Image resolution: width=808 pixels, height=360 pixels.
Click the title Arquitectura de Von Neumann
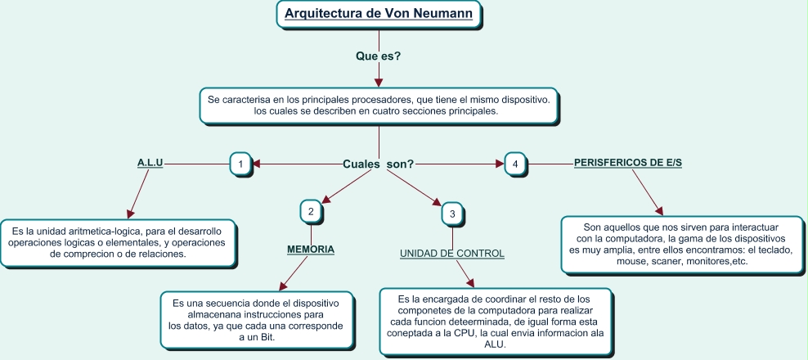pos(379,13)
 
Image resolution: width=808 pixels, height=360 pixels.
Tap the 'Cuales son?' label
pos(378,164)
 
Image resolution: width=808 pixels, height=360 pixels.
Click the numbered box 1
pos(240,164)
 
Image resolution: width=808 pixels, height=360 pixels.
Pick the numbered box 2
pos(310,211)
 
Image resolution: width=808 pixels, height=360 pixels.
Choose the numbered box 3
pos(452,214)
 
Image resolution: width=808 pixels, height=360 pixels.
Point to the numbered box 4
pos(514,164)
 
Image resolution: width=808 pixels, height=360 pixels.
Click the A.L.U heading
pos(150,163)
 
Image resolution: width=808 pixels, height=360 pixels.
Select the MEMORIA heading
pos(311,249)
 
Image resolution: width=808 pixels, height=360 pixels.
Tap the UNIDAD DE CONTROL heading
pos(452,254)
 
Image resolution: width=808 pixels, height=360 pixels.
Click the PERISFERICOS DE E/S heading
pos(628,163)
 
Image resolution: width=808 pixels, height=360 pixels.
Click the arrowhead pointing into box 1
pos(255,164)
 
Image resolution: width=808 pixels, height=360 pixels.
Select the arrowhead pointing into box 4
pos(500,164)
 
